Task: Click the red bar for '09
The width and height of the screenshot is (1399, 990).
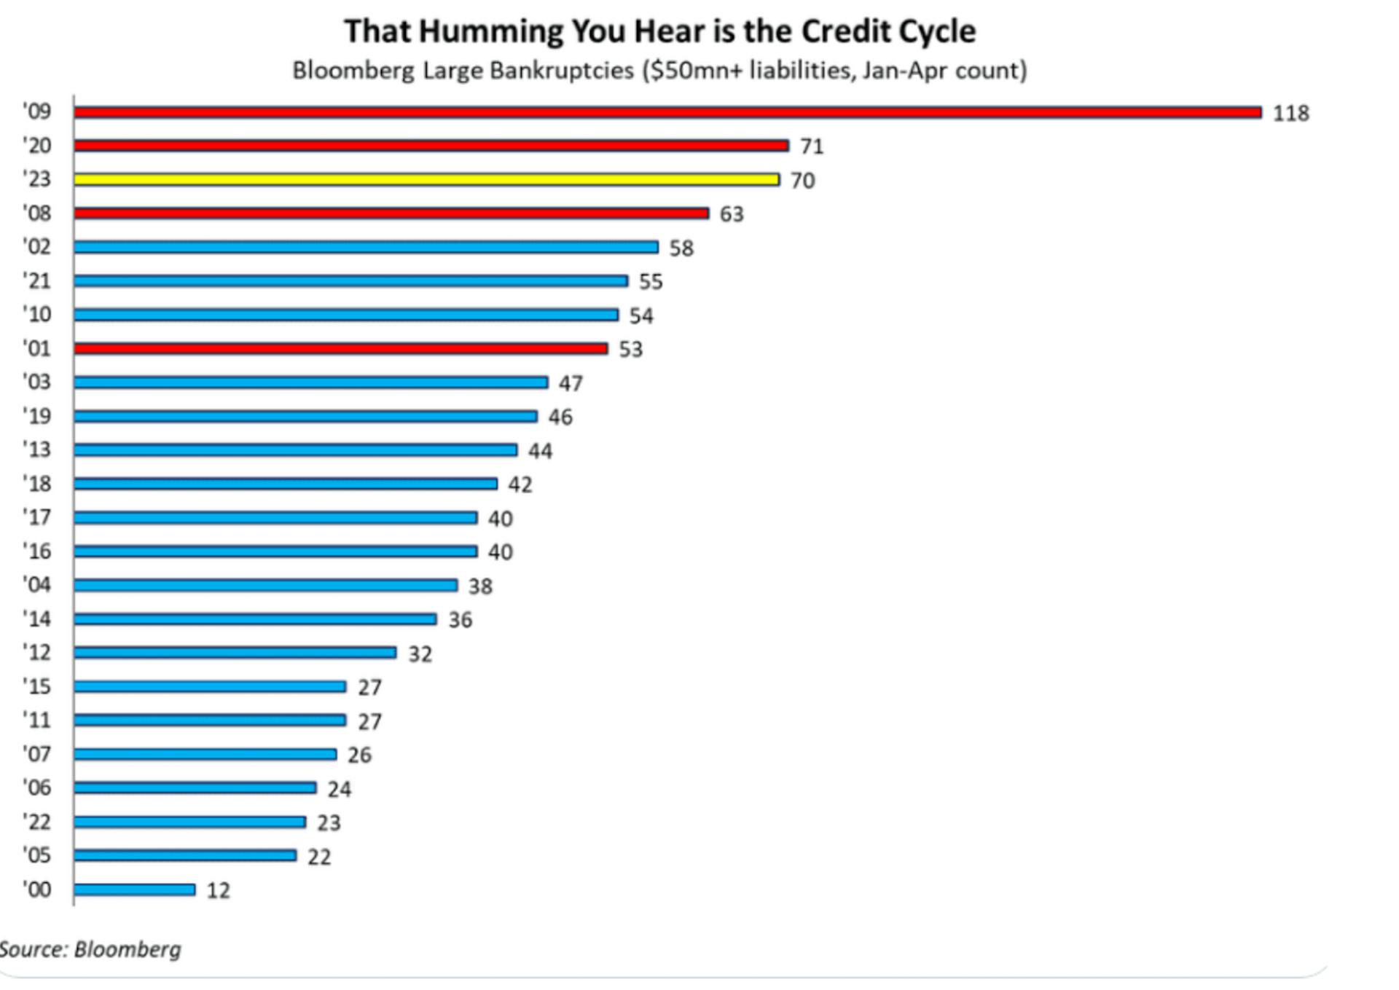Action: pos(667,112)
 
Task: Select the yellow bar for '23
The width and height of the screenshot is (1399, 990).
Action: pos(426,179)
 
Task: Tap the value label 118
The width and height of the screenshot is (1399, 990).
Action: pos(1290,114)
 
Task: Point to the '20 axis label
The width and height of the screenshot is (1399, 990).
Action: pos(37,146)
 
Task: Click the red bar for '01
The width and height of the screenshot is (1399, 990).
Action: pos(340,349)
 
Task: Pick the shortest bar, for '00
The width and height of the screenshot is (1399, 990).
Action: pos(134,889)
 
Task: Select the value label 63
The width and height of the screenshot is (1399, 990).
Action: pos(732,214)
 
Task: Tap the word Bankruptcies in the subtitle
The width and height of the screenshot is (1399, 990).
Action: pos(561,71)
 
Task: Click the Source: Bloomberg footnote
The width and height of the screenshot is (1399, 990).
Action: pos(90,949)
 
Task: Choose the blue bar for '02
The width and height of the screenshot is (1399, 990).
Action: pos(366,247)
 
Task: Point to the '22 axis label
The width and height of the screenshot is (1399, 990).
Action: pos(37,822)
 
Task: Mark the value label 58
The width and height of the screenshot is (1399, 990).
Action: pos(681,248)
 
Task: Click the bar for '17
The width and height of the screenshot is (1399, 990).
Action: pos(275,517)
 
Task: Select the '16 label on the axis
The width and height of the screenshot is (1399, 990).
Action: pos(37,551)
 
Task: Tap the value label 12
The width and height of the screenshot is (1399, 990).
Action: pos(218,891)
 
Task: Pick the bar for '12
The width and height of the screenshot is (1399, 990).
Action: pos(235,652)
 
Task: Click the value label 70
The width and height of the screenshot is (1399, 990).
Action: pos(802,181)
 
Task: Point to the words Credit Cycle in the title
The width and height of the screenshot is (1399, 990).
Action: pos(888,32)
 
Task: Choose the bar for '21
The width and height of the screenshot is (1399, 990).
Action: pos(350,280)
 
